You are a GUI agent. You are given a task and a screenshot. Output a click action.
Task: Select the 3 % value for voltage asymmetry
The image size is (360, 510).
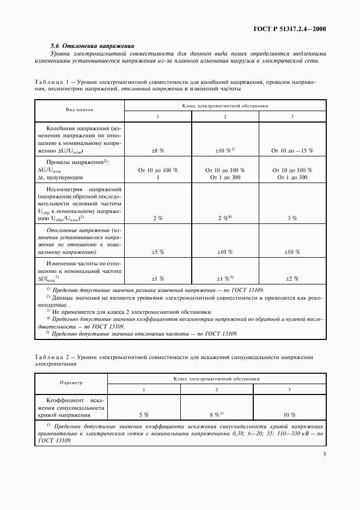pyautogui.click(x=292, y=218)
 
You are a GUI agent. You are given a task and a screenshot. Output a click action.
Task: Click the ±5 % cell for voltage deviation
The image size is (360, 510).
pyautogui.click(x=158, y=252)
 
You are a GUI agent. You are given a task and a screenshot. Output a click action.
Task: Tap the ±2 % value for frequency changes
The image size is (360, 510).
pyautogui.click(x=292, y=278)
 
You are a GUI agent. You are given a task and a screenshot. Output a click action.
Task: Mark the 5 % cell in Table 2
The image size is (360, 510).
pyautogui.click(x=144, y=415)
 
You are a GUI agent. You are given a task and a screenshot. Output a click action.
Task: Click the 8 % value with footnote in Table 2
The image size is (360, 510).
pyautogui.click(x=216, y=415)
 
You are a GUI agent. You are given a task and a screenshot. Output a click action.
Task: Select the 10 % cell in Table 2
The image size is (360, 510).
pyautogui.click(x=290, y=415)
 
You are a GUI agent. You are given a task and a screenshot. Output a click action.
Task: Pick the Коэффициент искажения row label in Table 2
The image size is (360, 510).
pyautogui.click(x=71, y=407)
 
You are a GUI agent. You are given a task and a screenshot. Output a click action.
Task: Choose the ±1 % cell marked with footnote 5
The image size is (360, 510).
pyautogui.click(x=225, y=278)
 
